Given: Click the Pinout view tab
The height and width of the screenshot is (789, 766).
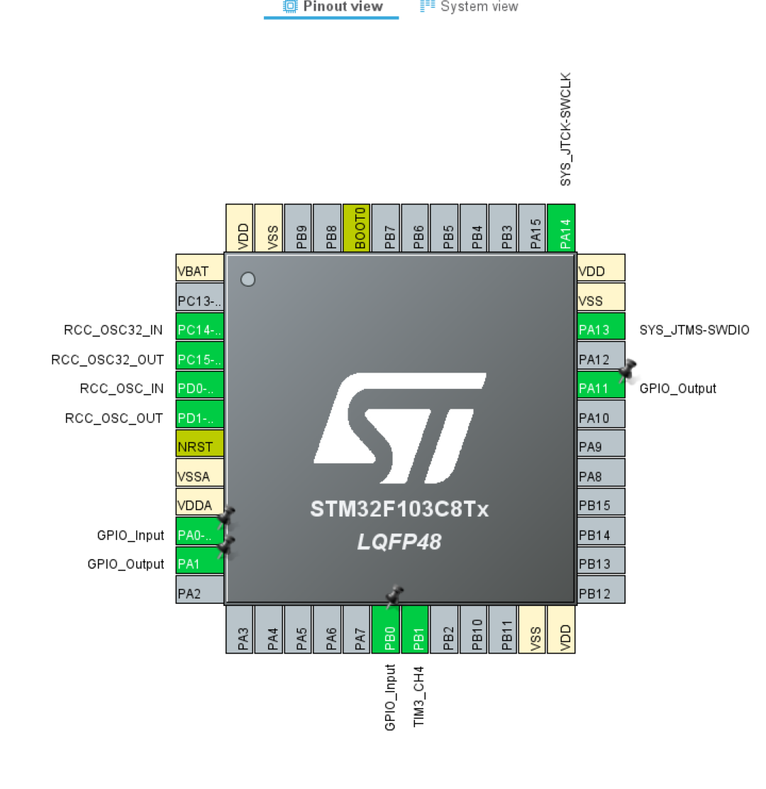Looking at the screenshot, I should (332, 7).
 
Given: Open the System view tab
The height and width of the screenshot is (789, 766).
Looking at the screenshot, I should (470, 7).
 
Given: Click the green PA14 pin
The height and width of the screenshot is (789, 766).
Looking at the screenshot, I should (562, 228).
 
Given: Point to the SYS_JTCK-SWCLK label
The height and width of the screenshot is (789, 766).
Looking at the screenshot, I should (565, 128).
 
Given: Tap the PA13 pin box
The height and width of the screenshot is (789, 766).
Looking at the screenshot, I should (601, 329).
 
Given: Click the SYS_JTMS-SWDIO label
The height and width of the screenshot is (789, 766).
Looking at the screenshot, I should (694, 330).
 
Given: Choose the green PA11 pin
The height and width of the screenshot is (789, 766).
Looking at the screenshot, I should (601, 388).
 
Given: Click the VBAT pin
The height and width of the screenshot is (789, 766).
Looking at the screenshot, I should (199, 271).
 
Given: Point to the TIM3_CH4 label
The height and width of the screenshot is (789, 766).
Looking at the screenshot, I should (418, 696).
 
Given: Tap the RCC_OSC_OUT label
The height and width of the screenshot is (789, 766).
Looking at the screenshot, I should (114, 418).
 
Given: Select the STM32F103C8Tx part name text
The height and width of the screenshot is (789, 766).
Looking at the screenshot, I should (399, 510).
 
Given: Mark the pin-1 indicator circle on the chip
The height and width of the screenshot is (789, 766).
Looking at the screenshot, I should (248, 280).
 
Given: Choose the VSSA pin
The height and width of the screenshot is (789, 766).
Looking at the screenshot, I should (199, 476).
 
